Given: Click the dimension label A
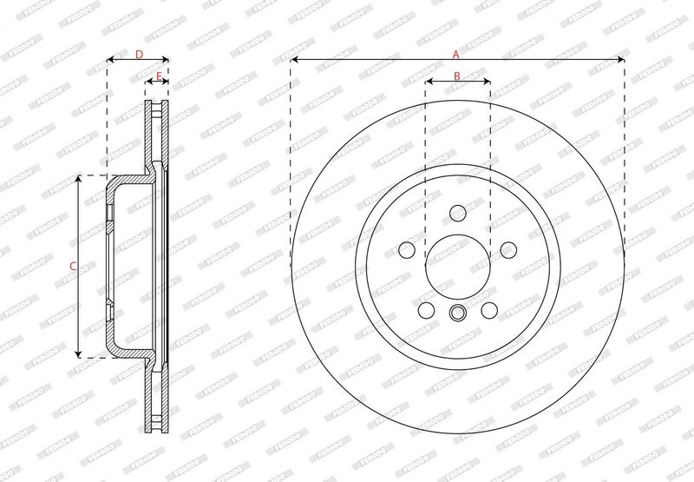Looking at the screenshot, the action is [456, 55].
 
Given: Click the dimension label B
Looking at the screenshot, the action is [457, 76].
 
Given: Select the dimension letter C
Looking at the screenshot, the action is [74, 267].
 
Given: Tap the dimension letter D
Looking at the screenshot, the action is [139, 55].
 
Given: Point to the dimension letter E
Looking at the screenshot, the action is [159, 76].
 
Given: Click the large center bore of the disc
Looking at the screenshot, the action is [458, 267].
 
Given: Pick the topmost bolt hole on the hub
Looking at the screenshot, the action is [458, 213].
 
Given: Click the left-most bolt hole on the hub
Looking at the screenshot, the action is [407, 250].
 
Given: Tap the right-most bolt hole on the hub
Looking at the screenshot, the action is [508, 250].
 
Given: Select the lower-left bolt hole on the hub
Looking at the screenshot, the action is [426, 310].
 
